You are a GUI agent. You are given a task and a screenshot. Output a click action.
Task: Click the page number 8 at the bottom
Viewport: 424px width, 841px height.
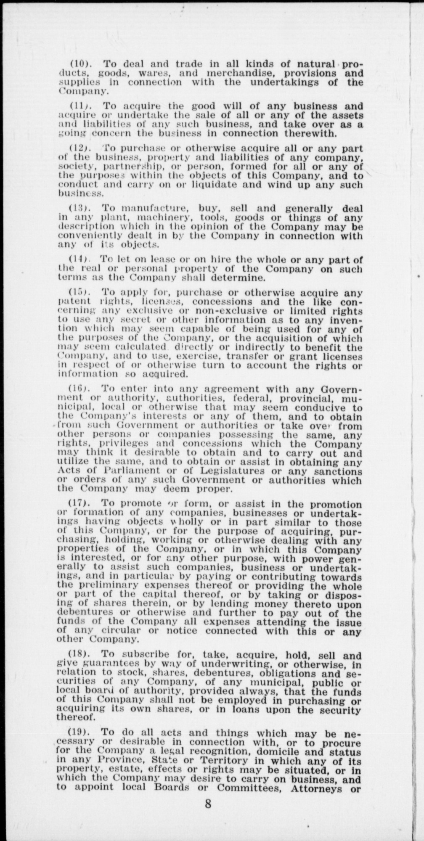coord(208,804)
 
